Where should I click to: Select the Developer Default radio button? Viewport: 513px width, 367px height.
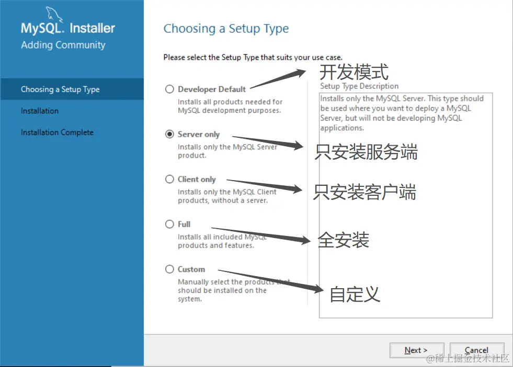169,89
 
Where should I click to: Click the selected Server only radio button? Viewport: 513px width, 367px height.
169,134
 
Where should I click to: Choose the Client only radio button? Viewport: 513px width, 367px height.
169,179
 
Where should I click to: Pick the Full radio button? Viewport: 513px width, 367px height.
169,224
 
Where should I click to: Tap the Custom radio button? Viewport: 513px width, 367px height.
169,269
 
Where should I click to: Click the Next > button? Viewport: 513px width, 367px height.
416,350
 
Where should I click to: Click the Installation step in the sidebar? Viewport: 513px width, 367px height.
40,111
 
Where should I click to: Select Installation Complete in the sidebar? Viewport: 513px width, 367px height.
57,133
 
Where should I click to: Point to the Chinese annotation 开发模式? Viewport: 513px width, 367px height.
354,72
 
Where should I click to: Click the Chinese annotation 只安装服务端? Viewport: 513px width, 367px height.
366,152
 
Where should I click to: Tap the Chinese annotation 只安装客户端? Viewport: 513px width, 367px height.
365,192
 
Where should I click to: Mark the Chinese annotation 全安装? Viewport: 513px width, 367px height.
344,240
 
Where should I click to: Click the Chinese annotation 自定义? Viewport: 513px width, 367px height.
355,294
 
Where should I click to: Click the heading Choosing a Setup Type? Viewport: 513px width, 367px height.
226,29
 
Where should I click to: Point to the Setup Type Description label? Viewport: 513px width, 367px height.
359,86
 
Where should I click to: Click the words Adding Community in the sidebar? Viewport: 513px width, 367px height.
63,45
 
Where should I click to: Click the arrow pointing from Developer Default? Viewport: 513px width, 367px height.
278,79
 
